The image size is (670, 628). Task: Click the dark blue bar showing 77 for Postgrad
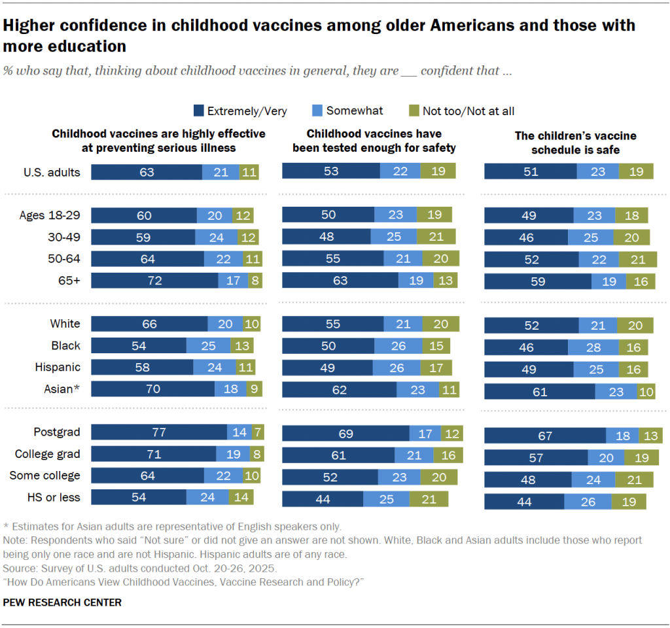pyautogui.click(x=159, y=432)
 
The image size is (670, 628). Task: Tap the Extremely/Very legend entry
pyautogui.click(x=240, y=111)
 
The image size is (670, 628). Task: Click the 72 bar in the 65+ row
pyautogui.click(x=154, y=281)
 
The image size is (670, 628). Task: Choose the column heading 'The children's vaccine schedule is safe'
pyautogui.click(x=575, y=143)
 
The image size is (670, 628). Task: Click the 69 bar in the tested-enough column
pyautogui.click(x=345, y=433)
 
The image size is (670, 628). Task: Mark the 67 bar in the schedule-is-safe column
pyautogui.click(x=545, y=436)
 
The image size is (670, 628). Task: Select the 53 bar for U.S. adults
pyautogui.click(x=331, y=171)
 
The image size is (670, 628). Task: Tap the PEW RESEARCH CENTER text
pyautogui.click(x=62, y=602)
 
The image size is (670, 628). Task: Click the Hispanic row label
pyautogui.click(x=58, y=367)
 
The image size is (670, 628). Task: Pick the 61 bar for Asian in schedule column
pyautogui.click(x=540, y=392)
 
